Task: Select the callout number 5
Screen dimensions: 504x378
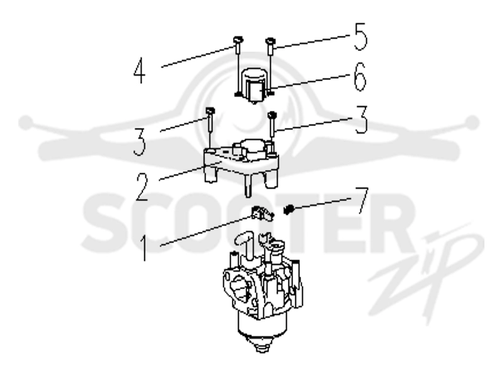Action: (x=360, y=37)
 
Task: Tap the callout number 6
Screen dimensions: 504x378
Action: (x=360, y=76)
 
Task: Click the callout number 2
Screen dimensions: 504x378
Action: (x=141, y=187)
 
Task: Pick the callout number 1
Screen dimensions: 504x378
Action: (x=144, y=248)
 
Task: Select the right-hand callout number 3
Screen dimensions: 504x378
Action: (x=361, y=120)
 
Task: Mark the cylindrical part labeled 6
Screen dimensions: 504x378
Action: (x=255, y=85)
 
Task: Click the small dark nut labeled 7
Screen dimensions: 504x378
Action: (x=289, y=210)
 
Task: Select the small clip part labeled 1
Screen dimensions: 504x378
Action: (x=262, y=214)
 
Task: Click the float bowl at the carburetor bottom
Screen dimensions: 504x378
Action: (x=263, y=331)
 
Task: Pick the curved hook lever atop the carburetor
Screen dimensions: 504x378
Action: (x=245, y=243)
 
